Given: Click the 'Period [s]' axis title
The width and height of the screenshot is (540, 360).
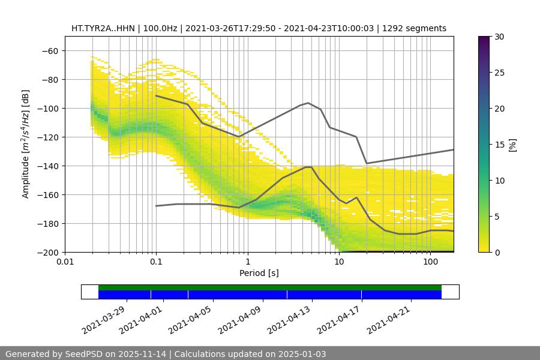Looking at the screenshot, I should pyautogui.click(x=259, y=273).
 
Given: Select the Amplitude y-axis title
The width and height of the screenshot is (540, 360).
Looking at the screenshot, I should pyautogui.click(x=26, y=144).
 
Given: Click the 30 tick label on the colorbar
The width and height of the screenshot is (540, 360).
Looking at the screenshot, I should pyautogui.click(x=499, y=37).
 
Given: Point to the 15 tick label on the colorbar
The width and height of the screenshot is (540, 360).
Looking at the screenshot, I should pyautogui.click(x=499, y=145).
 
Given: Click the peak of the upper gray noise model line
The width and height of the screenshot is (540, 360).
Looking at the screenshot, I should pyautogui.click(x=308, y=103).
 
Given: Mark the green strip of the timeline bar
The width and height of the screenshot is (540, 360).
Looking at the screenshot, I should pyautogui.click(x=270, y=287).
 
